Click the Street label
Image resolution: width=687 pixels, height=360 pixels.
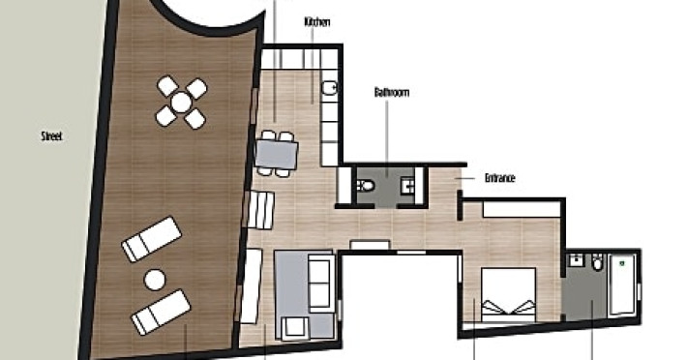[51, 136]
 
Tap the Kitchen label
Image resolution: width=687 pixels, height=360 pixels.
[317, 22]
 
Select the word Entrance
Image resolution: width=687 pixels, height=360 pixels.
[500, 178]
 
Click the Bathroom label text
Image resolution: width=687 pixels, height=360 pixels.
[392, 92]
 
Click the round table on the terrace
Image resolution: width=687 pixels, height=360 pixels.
[181, 103]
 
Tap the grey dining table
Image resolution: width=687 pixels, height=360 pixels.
[277, 154]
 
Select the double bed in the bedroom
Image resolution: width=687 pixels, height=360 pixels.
[508, 295]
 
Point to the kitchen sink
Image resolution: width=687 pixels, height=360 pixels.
[329, 88]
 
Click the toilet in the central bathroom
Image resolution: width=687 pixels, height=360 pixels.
[367, 186]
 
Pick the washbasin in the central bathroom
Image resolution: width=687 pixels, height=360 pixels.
[407, 186]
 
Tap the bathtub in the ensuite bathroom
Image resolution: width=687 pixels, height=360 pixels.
[622, 284]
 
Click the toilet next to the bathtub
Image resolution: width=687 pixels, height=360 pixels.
[598, 262]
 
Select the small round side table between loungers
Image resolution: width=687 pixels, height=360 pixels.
[155, 280]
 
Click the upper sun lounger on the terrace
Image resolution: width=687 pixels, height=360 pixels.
[152, 240]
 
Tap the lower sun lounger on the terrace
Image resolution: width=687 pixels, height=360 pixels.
[162, 312]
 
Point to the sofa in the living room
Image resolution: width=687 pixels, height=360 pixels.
[319, 283]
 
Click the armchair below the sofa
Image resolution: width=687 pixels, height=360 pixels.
[294, 328]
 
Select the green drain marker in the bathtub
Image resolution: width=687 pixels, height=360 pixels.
[621, 263]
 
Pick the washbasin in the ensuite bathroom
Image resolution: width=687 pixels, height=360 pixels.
[575, 261]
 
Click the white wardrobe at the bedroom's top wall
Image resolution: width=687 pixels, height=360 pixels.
[522, 209]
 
